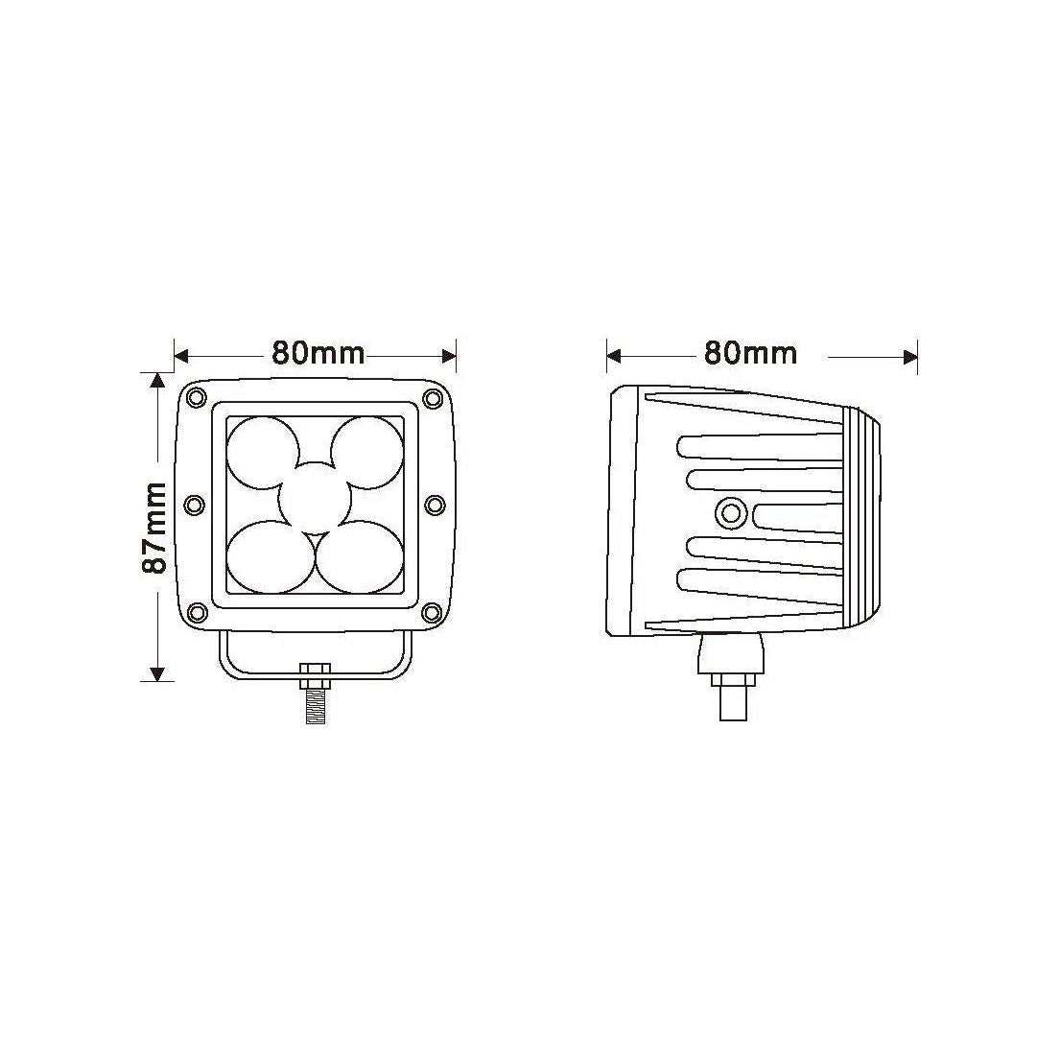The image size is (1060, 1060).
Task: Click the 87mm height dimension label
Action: tap(154, 527)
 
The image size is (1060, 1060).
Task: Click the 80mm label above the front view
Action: tap(318, 353)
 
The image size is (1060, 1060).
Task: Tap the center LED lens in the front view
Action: tap(315, 500)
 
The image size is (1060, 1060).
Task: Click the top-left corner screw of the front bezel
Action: tap(197, 397)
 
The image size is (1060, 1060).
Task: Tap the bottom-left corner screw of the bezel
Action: tap(197, 612)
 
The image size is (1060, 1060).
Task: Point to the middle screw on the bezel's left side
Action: tap(194, 505)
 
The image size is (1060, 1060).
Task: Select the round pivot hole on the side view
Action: tap(731, 513)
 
